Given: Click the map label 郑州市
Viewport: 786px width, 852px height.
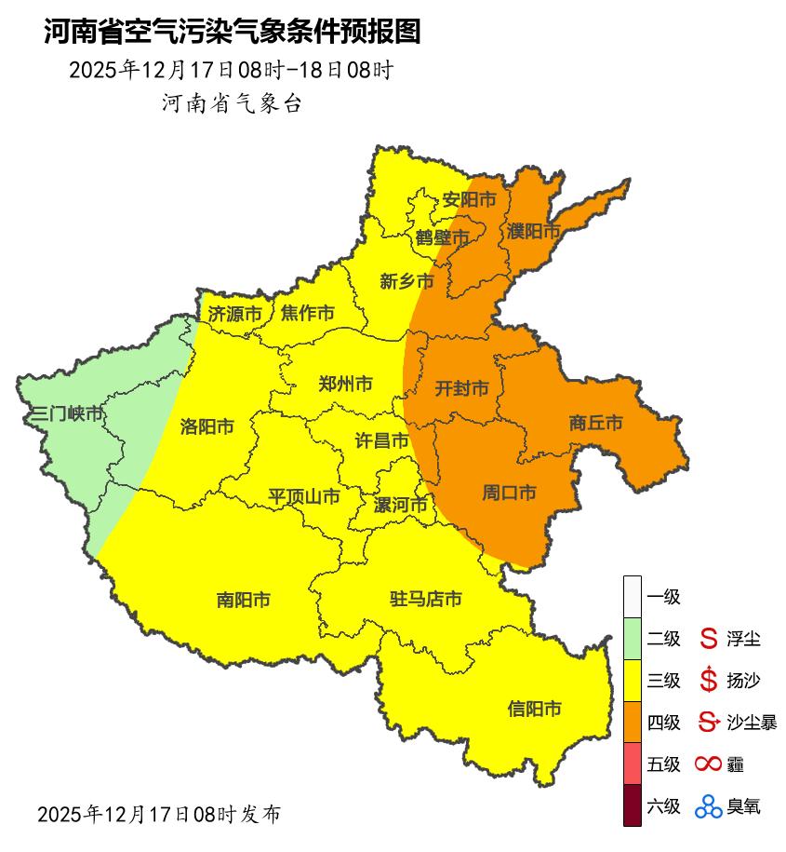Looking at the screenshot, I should [x=345, y=384].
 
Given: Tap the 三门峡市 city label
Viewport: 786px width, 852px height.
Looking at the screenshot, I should [x=66, y=413].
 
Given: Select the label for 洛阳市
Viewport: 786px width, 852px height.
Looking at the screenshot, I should [x=206, y=426].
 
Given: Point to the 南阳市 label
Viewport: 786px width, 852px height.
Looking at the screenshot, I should [x=243, y=600].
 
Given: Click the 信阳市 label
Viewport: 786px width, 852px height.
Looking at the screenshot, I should [x=535, y=709].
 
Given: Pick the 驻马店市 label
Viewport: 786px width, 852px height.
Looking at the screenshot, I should [x=425, y=599].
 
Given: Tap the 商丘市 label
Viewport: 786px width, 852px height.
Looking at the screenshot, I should [x=595, y=423].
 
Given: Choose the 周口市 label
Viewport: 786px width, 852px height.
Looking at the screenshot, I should [x=509, y=493].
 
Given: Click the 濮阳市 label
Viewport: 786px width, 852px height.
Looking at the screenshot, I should [x=534, y=230].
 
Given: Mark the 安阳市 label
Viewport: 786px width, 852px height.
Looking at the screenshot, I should [x=469, y=199].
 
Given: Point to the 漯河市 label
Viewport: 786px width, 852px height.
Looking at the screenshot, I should [x=400, y=506].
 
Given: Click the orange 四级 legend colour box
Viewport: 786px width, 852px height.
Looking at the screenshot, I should [x=633, y=722].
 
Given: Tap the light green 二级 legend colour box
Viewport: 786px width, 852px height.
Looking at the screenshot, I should [x=633, y=639].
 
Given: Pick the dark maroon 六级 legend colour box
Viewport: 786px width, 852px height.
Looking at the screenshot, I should [x=633, y=805].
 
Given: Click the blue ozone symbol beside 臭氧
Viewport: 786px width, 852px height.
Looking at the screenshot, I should [x=709, y=806].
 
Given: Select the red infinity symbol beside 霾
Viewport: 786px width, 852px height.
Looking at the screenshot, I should [x=709, y=764].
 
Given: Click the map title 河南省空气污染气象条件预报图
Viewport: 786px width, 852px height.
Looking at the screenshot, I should [x=233, y=32].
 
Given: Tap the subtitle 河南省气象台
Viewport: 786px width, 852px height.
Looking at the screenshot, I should [x=233, y=103].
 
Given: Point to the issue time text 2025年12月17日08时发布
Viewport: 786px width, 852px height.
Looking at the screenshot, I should [x=158, y=814].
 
